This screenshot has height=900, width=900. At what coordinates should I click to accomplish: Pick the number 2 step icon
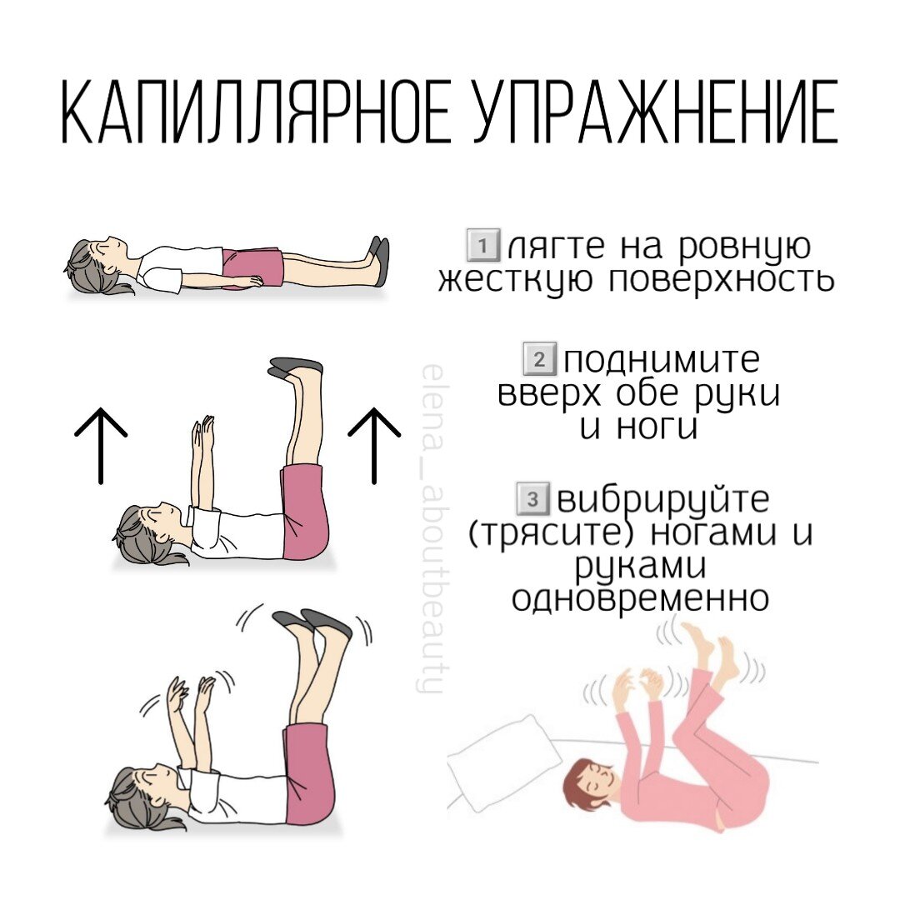[537, 362]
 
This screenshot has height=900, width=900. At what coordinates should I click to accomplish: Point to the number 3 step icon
[531, 500]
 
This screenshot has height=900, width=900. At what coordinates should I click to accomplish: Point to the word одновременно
[639, 598]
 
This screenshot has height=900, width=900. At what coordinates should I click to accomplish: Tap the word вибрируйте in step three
[662, 502]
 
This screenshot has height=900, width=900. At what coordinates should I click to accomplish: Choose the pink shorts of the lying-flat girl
[252, 267]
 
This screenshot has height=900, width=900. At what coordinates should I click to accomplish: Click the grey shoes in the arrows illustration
[296, 367]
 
